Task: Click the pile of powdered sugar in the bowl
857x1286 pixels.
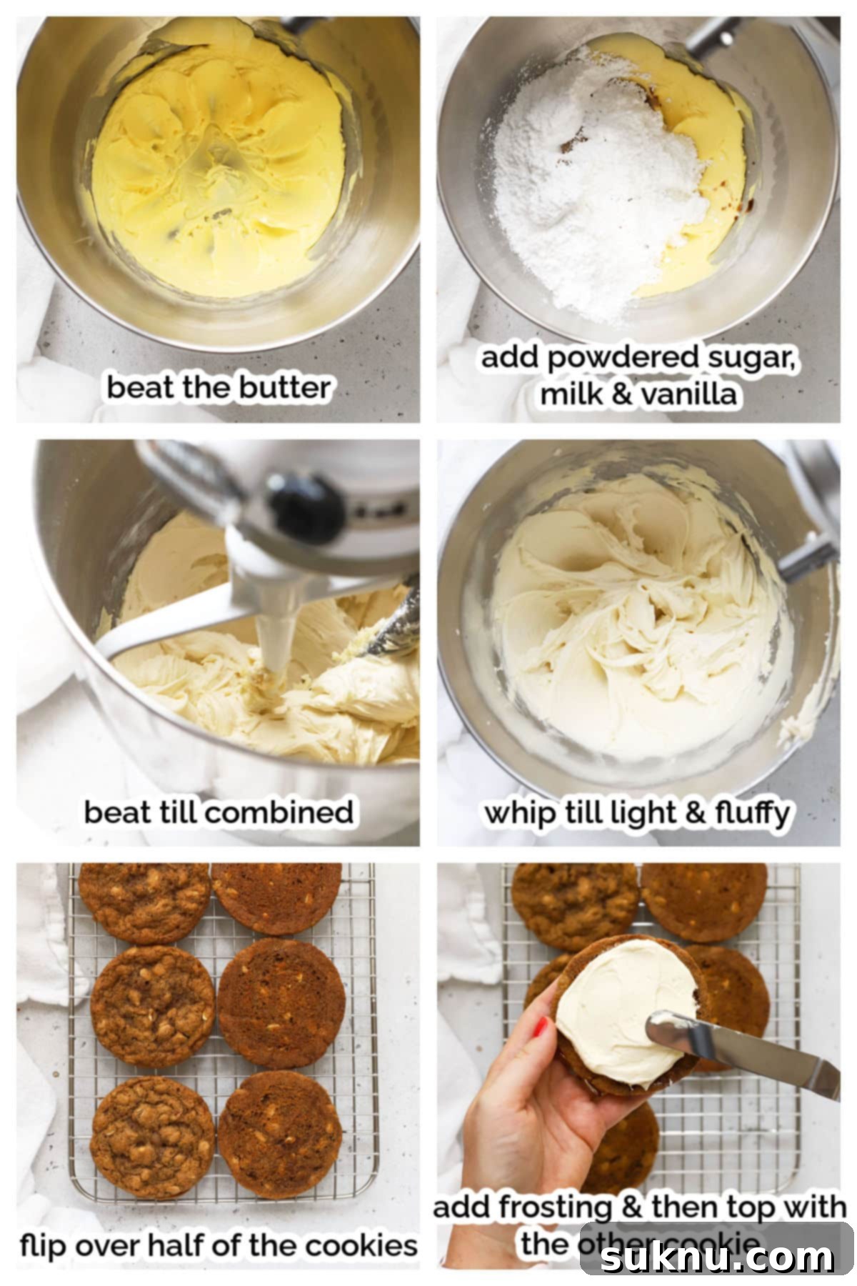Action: [x=593, y=186]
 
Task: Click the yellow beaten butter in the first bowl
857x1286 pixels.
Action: [x=214, y=164]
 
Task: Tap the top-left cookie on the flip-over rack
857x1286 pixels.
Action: [x=143, y=902]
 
